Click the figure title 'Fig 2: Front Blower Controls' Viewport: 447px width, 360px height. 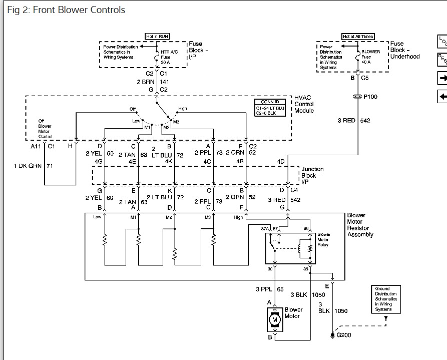click(x=67, y=10)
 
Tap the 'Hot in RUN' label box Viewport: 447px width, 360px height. click(x=157, y=37)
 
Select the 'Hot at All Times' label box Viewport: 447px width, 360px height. click(x=358, y=37)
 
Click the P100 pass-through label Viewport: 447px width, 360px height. click(x=370, y=97)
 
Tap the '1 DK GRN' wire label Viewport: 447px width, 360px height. click(x=29, y=165)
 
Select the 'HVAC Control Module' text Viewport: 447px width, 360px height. click(x=304, y=104)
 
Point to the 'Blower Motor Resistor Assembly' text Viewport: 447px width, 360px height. click(x=360, y=225)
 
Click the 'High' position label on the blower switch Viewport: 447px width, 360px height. click(x=182, y=109)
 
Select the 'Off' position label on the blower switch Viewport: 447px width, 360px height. click(x=133, y=109)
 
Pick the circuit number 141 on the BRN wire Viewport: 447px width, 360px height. click(x=165, y=82)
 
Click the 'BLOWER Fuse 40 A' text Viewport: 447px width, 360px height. click(x=370, y=57)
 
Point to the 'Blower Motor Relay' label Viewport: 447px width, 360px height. click(x=324, y=240)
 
